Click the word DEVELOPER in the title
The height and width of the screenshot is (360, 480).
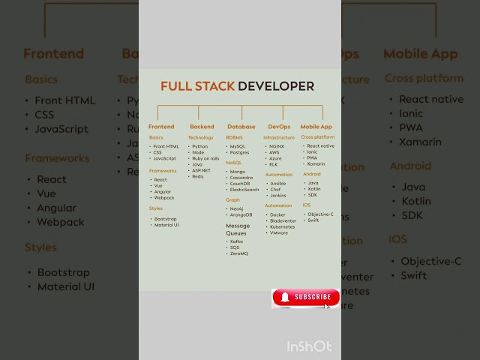click(x=276, y=86)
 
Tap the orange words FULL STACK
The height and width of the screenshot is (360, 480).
click(x=197, y=86)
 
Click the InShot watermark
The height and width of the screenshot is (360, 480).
click(x=309, y=346)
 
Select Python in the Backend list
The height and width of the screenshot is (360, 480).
click(x=199, y=146)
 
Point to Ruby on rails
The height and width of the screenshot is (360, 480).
click(x=205, y=158)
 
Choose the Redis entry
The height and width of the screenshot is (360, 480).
click(x=198, y=176)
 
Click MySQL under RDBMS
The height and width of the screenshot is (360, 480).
click(x=238, y=146)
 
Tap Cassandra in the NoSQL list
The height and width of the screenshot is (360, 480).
click(x=241, y=178)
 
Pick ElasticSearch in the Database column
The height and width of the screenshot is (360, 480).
click(x=244, y=190)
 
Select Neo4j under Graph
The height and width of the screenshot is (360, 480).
click(x=237, y=208)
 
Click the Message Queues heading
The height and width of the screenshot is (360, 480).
click(x=239, y=229)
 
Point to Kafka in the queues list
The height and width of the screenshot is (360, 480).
click(x=236, y=241)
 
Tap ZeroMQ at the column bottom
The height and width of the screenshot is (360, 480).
click(x=239, y=253)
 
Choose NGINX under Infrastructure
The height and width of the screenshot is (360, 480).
click(x=277, y=146)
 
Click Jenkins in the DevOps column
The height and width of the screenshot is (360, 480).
click(x=277, y=195)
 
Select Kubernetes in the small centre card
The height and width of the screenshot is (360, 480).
click(x=282, y=226)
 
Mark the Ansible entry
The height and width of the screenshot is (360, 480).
click(x=277, y=183)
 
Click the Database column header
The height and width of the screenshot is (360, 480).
click(x=241, y=127)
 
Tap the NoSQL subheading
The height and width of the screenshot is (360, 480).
click(x=233, y=162)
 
